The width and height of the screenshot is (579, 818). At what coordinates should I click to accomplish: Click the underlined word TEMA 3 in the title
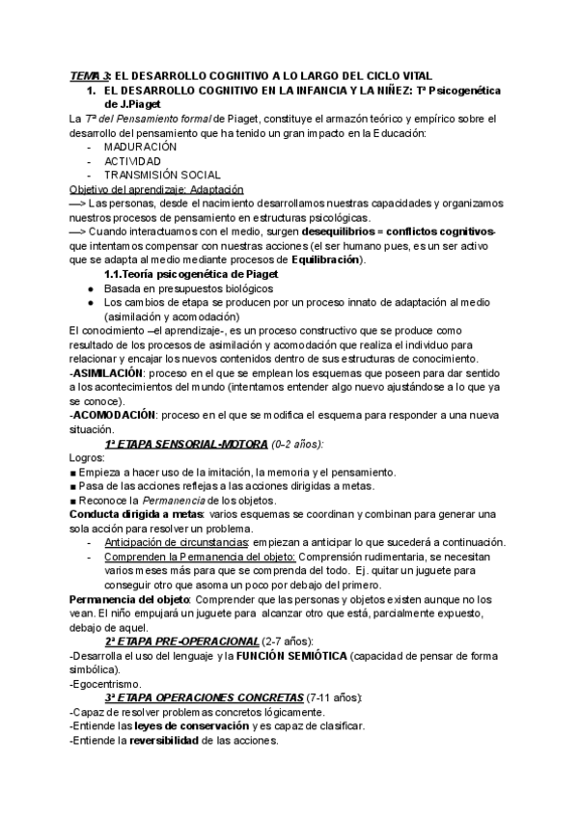point(91,76)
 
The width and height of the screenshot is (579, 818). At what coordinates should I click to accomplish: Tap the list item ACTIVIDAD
point(133,161)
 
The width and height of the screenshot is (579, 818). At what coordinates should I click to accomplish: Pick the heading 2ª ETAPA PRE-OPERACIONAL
point(181,641)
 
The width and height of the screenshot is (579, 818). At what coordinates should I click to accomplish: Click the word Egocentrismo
point(108,684)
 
